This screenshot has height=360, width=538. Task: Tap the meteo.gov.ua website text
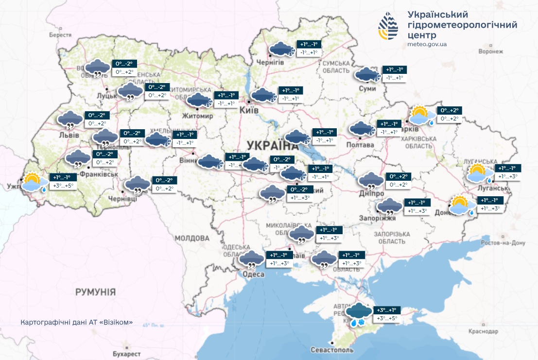427,44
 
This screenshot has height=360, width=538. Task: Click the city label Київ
248,111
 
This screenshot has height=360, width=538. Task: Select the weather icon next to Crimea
358,313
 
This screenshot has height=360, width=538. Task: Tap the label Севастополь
332,350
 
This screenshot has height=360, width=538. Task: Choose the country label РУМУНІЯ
95,292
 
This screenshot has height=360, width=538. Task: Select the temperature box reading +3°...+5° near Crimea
387,319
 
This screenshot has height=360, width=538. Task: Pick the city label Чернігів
270,62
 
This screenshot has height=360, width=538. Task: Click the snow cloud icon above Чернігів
281,49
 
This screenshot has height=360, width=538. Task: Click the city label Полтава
360,145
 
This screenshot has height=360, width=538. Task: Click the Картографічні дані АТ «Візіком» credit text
77,323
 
